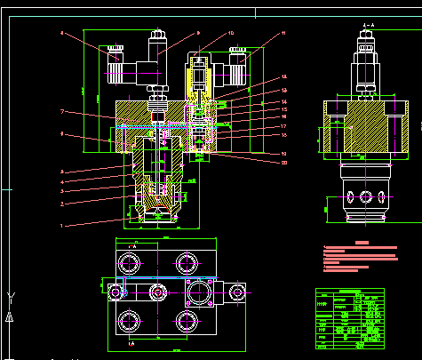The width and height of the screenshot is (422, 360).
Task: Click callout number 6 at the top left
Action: click(62, 34)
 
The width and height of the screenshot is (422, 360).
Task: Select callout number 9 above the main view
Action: click(198, 33)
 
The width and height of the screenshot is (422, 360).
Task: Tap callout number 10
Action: click(231, 34)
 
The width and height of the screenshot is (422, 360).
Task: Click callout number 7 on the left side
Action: click(62, 112)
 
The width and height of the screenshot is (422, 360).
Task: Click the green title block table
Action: click(350, 315)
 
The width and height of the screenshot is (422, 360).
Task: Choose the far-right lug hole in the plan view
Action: click(237, 290)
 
